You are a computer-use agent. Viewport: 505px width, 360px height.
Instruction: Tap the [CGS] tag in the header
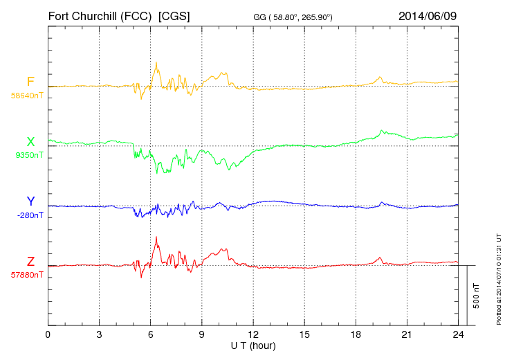[x=174, y=15]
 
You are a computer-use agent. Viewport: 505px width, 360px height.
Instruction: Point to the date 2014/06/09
[x=428, y=15]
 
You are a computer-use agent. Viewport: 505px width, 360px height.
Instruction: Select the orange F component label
[x=30, y=82]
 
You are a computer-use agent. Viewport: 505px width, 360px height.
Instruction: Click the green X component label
[x=30, y=142]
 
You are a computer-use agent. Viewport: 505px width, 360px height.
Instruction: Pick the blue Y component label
[x=30, y=201]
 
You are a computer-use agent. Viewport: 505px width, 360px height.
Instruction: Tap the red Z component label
[x=30, y=261]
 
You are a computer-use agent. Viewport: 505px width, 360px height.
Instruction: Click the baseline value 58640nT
[x=27, y=96]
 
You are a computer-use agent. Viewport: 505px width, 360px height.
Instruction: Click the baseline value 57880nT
[x=27, y=274]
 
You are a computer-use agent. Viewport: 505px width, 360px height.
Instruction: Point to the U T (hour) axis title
[x=253, y=345]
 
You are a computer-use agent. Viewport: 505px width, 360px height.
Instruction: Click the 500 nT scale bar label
[x=477, y=296]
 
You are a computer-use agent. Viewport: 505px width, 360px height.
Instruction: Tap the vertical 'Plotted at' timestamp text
[x=498, y=277]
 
